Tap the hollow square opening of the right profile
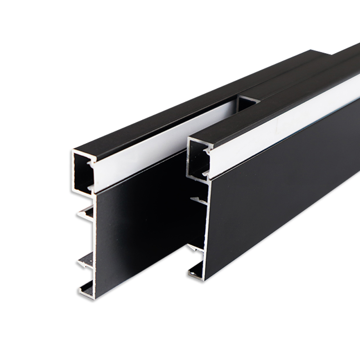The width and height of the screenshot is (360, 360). tap(197, 157)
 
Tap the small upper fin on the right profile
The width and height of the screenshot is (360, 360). tap(198, 199)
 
